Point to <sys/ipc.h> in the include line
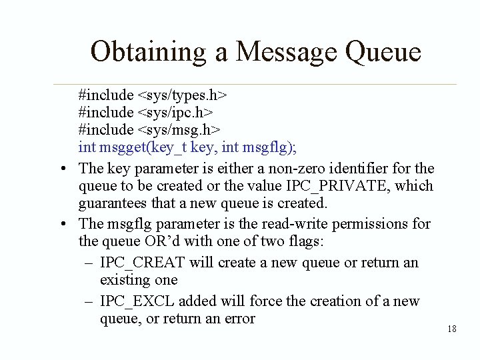[175, 111]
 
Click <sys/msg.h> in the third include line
[179, 127]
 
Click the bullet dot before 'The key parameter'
[61, 168]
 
